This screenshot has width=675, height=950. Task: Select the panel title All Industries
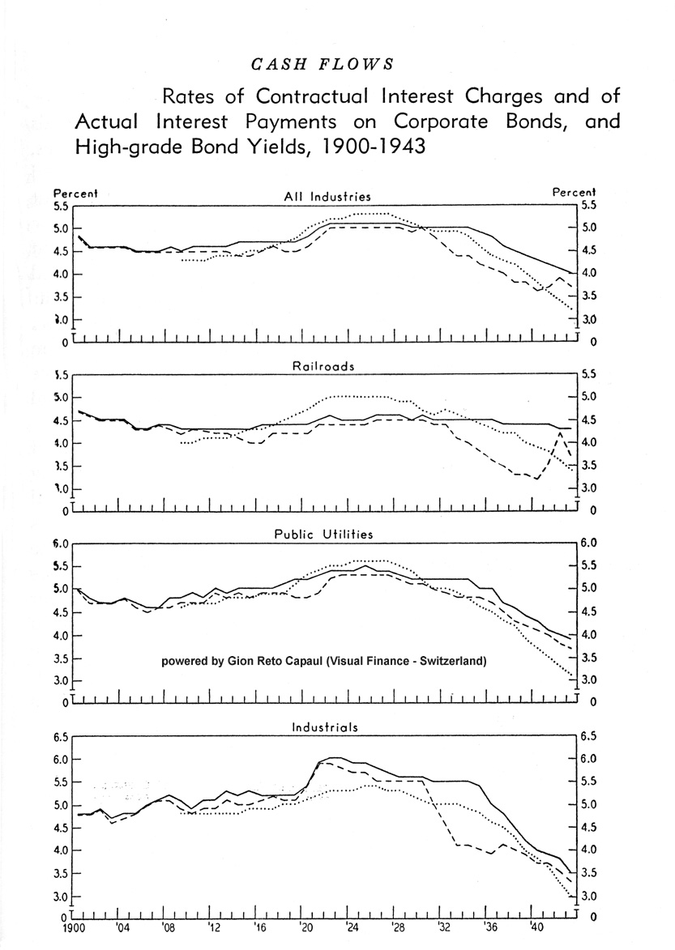click(x=327, y=196)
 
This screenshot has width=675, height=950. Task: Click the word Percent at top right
click(x=574, y=193)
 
